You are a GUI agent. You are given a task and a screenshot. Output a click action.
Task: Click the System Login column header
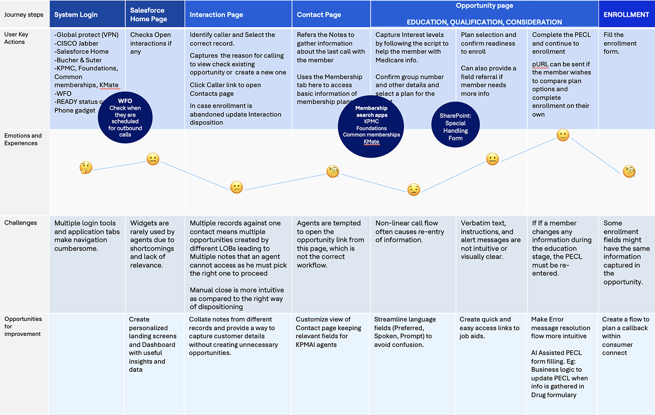click(x=76, y=14)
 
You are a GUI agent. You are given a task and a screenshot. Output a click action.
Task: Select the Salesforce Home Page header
click(x=148, y=14)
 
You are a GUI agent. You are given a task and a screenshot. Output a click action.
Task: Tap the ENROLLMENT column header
click(x=626, y=14)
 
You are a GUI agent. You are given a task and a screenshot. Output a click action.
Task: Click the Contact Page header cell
click(x=319, y=14)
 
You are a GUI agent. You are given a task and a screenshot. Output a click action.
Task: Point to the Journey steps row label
click(x=23, y=14)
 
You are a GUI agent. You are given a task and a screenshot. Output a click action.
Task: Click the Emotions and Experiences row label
click(x=23, y=139)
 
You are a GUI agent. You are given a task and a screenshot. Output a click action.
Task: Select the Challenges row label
click(x=20, y=223)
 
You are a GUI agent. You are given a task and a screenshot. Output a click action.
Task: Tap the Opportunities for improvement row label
click(x=23, y=326)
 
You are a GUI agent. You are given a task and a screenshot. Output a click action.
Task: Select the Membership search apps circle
click(x=371, y=125)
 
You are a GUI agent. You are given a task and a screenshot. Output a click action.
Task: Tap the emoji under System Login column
click(x=85, y=168)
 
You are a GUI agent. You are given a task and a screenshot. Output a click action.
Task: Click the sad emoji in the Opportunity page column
click(x=414, y=189)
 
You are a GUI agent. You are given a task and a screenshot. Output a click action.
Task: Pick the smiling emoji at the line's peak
click(x=563, y=135)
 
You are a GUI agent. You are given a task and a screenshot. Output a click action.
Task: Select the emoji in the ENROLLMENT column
click(x=629, y=171)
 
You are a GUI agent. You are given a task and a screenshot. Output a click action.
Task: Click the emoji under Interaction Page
click(x=237, y=187)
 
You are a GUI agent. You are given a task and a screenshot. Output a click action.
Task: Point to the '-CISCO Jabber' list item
click(x=76, y=43)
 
